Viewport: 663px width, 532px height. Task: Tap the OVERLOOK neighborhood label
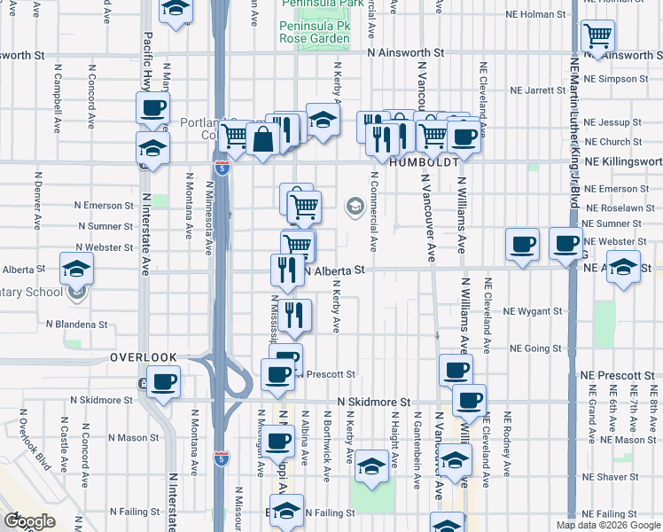[144, 357]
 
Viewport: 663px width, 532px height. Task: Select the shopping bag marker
[263, 139]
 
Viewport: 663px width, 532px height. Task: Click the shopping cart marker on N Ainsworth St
[598, 36]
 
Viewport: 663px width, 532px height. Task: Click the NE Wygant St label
[533, 312]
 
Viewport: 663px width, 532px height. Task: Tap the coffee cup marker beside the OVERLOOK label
[163, 383]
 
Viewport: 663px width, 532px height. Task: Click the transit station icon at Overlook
[144, 384]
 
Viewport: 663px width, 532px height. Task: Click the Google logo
[29, 521]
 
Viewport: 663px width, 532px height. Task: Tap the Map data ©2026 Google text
[609, 525]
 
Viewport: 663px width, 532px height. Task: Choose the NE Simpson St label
[619, 79]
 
